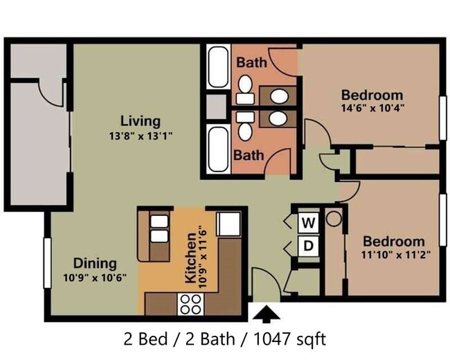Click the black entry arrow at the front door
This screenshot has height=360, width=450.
coord(267,313)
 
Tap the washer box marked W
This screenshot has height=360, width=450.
coord(309,223)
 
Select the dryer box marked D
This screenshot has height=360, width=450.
coord(309,246)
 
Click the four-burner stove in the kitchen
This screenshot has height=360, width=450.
coord(190,305)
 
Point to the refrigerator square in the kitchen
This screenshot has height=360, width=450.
coord(228,224)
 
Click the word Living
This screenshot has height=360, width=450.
coord(141,121)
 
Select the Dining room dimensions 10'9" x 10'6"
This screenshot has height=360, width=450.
coord(95,278)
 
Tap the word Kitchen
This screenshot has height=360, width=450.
coord(191,258)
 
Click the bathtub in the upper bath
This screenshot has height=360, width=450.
coord(218,67)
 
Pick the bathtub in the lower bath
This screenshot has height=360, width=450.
coord(218,150)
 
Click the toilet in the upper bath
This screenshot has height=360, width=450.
coord(245,89)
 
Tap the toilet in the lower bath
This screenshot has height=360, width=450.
coord(245,126)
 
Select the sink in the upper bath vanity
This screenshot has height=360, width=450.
coord(279,96)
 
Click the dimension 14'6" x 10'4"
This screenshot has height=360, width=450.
coord(372,108)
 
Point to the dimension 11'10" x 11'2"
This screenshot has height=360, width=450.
coord(396,255)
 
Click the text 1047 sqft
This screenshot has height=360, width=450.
coord(290,339)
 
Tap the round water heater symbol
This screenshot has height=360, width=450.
coord(334,219)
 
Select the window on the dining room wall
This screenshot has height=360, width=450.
coord(47,263)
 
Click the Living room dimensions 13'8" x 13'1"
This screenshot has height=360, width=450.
coord(141,136)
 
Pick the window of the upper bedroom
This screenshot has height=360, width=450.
coord(443,118)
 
